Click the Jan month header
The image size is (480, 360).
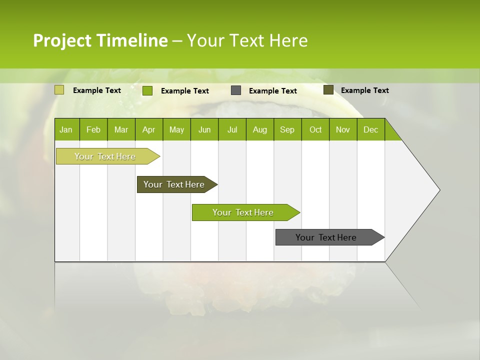click(x=66, y=130)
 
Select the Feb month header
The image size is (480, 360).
click(x=93, y=130)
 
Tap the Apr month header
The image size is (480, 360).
click(x=148, y=130)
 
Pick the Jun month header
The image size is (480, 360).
click(x=204, y=130)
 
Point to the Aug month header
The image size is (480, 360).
click(x=259, y=130)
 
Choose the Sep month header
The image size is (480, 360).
click(x=287, y=130)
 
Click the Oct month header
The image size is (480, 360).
click(x=315, y=130)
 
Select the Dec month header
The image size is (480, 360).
click(x=370, y=130)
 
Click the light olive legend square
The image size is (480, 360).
click(x=59, y=90)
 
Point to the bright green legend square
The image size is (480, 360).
click(x=147, y=90)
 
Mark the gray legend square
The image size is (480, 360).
click(x=236, y=90)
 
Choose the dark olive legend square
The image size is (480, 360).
click(x=328, y=90)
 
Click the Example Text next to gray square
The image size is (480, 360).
click(x=273, y=91)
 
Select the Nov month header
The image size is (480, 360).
click(x=343, y=130)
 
